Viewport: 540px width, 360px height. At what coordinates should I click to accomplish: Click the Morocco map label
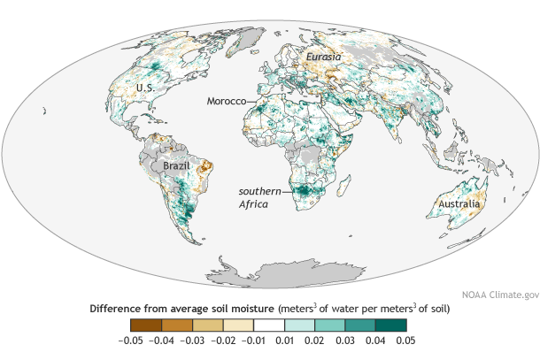coord(226,102)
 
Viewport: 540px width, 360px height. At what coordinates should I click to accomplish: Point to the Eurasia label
coord(324,56)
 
